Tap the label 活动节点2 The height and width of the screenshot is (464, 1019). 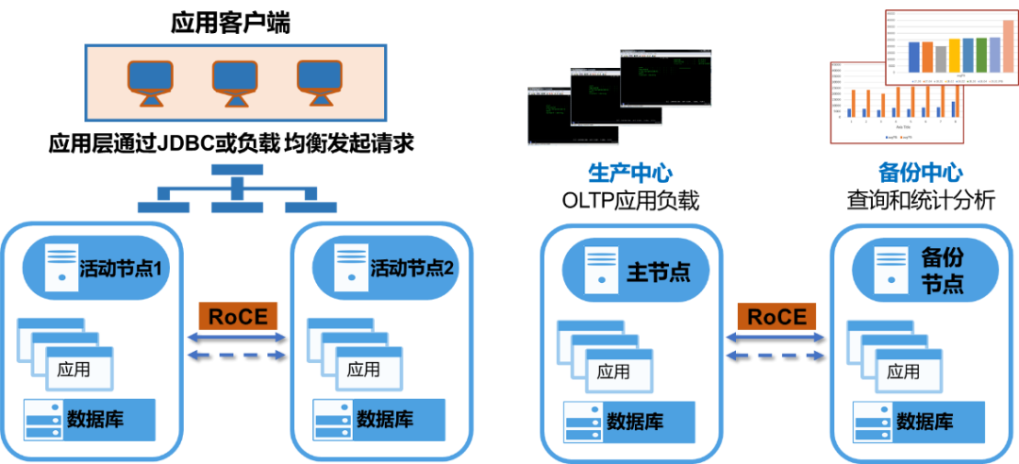[412, 268]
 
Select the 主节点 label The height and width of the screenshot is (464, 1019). [659, 272]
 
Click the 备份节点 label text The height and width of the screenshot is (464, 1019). [942, 270]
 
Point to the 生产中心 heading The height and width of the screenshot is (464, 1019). [630, 174]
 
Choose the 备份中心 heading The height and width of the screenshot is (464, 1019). [920, 174]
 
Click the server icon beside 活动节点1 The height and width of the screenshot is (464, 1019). [62, 267]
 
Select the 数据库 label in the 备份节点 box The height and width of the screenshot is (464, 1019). [924, 421]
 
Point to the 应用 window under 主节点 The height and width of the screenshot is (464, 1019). [613, 372]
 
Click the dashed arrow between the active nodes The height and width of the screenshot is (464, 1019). [236, 355]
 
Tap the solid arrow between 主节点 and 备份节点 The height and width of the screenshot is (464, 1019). [776, 337]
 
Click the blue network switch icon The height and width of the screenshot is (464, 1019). [237, 189]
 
